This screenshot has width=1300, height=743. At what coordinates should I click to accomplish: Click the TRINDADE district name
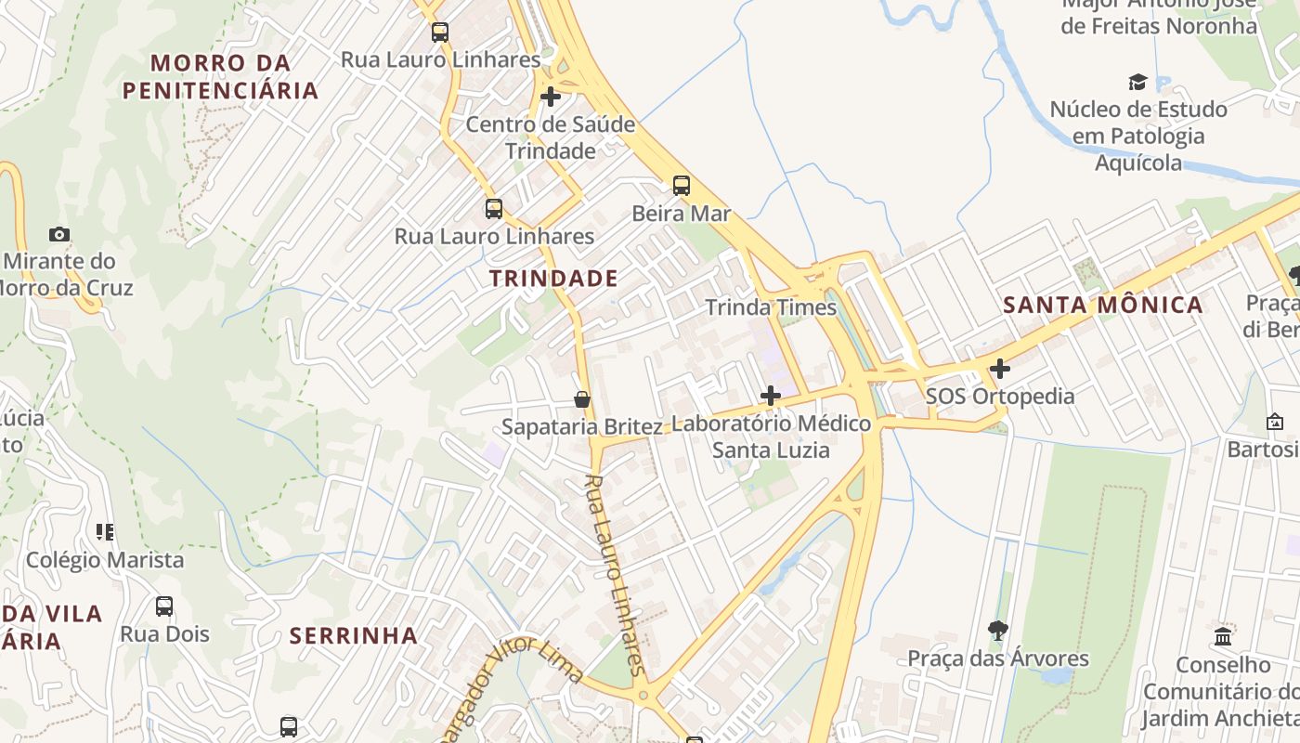(x=553, y=278)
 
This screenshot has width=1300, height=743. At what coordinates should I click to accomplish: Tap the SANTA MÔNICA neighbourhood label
(x=1103, y=305)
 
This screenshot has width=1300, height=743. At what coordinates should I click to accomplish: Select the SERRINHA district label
(x=354, y=636)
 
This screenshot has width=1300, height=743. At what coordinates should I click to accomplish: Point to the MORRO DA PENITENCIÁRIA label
(x=221, y=77)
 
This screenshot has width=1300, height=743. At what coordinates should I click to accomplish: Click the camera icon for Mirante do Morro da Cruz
(x=59, y=234)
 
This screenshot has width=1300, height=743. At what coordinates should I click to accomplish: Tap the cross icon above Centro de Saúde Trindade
(x=551, y=96)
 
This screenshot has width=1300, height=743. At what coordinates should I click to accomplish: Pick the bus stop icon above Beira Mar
(x=682, y=186)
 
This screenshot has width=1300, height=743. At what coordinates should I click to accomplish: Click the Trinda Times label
(x=771, y=307)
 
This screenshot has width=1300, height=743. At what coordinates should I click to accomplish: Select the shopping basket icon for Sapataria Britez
(x=582, y=399)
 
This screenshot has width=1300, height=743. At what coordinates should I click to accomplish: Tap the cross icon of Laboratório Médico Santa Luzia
(x=770, y=396)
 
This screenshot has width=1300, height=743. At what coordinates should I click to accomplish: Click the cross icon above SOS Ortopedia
(x=999, y=369)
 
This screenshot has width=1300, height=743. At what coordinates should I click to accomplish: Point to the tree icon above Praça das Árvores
(x=998, y=631)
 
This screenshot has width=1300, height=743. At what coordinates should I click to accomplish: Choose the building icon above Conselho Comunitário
(x=1223, y=637)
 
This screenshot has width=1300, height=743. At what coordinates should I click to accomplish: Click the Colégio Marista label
(x=105, y=560)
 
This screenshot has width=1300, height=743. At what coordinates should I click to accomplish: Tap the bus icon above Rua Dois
(x=164, y=606)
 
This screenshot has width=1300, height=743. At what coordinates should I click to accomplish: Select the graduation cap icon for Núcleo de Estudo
(x=1137, y=82)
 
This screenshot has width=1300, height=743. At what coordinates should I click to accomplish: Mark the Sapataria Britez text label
(x=582, y=427)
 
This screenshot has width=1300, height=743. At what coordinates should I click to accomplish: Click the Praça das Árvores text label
(x=998, y=658)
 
